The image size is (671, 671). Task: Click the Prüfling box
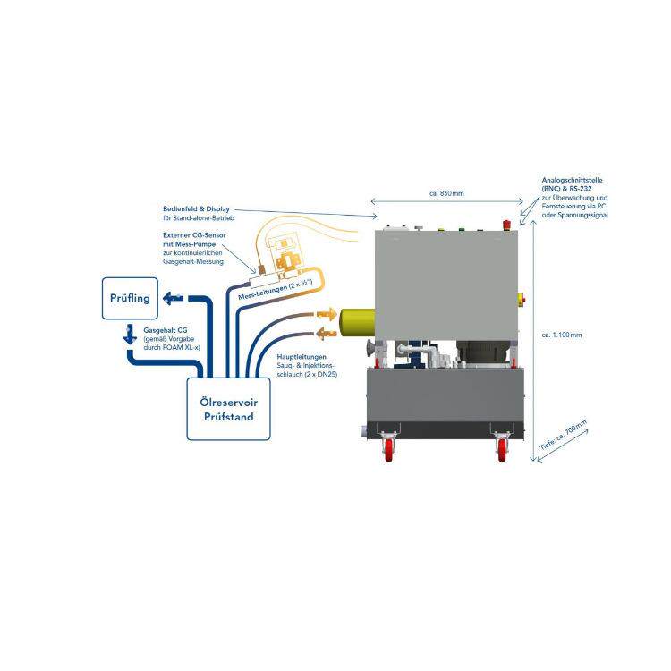[x=130, y=298]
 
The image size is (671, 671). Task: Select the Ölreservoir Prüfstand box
[x=228, y=409]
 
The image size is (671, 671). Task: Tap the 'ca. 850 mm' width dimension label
[x=446, y=193]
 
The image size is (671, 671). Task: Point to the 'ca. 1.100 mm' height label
[x=562, y=335]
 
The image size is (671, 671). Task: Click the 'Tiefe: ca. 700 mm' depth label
[x=563, y=435]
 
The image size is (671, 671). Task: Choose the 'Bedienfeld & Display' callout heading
[x=196, y=208]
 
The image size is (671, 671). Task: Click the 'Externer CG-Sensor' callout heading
[x=194, y=235]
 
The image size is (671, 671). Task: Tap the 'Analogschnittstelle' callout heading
[x=572, y=180]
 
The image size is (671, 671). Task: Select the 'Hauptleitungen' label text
[x=302, y=356]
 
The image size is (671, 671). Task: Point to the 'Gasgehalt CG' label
[x=166, y=330]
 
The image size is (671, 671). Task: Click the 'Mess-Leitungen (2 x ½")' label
[x=276, y=289]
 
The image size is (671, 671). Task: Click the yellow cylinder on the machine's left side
[x=357, y=326]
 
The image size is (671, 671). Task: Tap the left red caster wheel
[x=389, y=449]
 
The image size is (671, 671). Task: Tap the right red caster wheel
[x=502, y=449]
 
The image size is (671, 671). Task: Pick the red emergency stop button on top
[x=506, y=225]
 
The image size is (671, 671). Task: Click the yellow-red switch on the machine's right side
[x=522, y=300]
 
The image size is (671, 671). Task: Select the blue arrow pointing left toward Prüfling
[x=174, y=298]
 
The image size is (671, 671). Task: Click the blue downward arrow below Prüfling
[x=130, y=335]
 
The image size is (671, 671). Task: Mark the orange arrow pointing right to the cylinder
[x=327, y=315]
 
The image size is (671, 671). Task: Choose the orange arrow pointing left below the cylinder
[x=327, y=334]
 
